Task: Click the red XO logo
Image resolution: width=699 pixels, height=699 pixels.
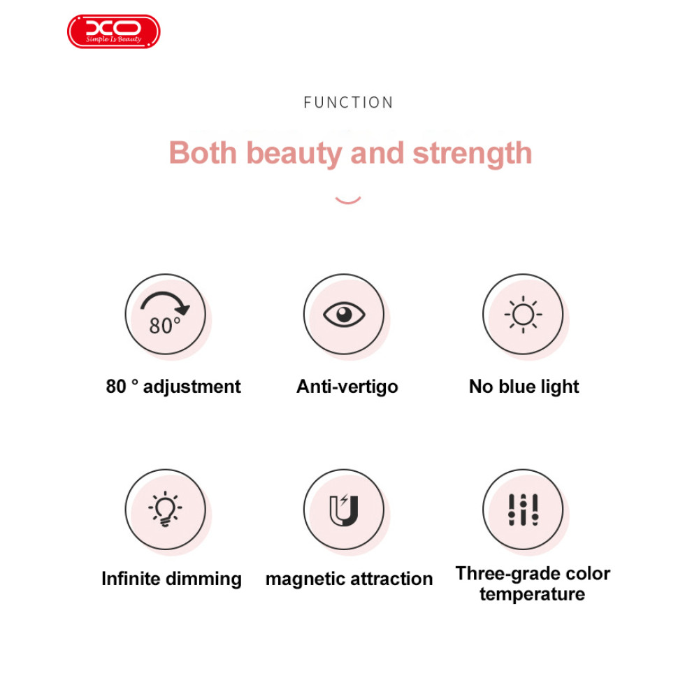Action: (x=114, y=31)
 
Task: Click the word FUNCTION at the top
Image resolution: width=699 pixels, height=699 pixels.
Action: (x=348, y=103)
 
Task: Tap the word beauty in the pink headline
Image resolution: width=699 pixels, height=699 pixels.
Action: (x=294, y=154)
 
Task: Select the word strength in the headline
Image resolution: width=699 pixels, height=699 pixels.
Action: (x=472, y=154)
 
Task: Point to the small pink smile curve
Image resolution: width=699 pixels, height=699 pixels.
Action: (x=347, y=201)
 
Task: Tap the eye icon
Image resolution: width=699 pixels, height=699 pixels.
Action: (x=344, y=315)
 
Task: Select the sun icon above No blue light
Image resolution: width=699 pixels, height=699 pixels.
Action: (x=523, y=315)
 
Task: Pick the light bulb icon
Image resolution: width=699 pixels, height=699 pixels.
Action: (x=166, y=509)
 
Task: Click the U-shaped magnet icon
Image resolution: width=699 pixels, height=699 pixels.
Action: (x=344, y=510)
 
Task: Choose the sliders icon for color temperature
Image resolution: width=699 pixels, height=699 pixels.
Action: (x=524, y=510)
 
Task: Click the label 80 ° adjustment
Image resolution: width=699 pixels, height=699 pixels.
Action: (x=173, y=387)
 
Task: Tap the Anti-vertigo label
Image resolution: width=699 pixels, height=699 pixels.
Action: (x=347, y=387)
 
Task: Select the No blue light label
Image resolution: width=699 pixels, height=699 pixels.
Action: (x=524, y=387)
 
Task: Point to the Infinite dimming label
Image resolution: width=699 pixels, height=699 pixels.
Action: (x=172, y=579)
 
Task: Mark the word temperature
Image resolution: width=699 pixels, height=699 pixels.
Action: (x=532, y=594)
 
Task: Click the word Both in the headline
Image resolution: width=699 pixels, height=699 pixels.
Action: (x=203, y=153)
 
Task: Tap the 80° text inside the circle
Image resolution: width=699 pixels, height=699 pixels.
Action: (x=165, y=326)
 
